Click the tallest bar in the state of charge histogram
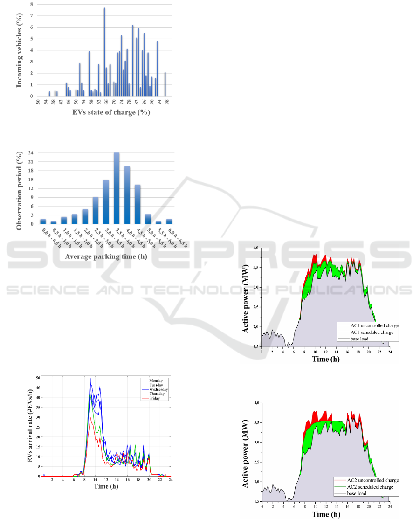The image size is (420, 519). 104,51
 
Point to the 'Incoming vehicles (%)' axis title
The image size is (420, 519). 20,50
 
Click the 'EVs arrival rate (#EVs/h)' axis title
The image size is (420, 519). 29,424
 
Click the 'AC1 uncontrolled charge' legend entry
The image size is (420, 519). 368,325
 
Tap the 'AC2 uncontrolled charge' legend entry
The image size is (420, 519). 368,480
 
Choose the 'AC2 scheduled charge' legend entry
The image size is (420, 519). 365,487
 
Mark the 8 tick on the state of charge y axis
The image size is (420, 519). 32,4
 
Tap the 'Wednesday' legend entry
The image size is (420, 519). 155,389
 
